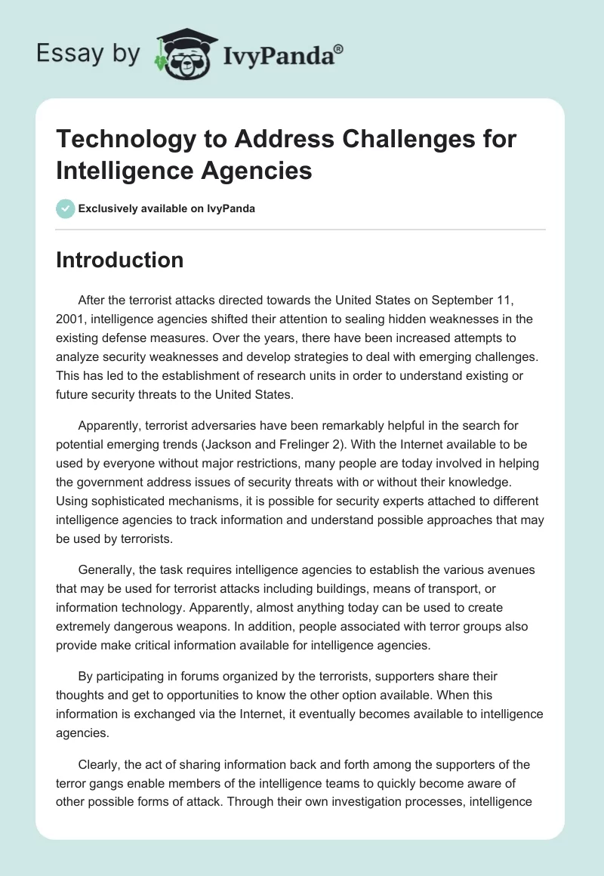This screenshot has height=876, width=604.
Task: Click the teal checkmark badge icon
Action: [x=66, y=208]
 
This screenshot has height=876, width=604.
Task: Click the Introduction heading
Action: [x=120, y=260]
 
